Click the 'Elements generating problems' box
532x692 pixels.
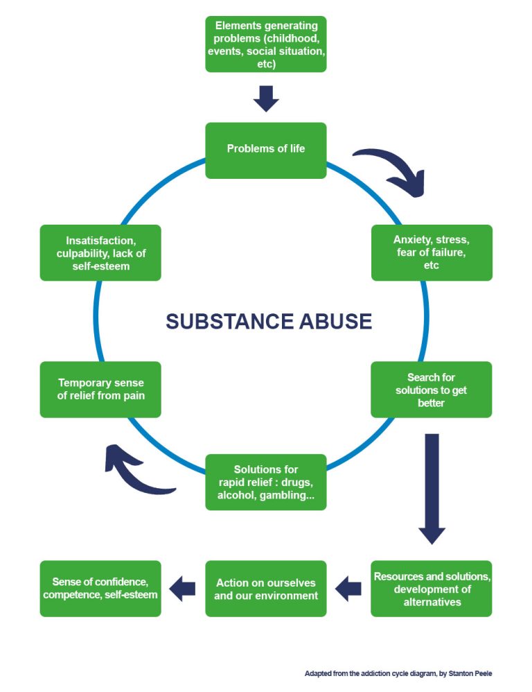265,44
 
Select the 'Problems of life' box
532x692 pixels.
265,150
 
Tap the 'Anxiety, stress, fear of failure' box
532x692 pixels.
432,252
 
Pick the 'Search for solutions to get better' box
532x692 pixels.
431,390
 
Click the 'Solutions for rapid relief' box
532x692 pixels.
265,482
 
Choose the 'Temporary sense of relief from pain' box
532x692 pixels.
100,390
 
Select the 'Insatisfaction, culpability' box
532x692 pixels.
100,252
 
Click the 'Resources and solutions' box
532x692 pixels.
432,588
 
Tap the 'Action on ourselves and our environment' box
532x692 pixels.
265,588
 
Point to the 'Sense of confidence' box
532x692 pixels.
100,588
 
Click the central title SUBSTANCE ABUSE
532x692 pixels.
269,322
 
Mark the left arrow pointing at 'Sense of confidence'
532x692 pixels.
183,589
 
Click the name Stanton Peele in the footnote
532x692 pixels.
476,673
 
